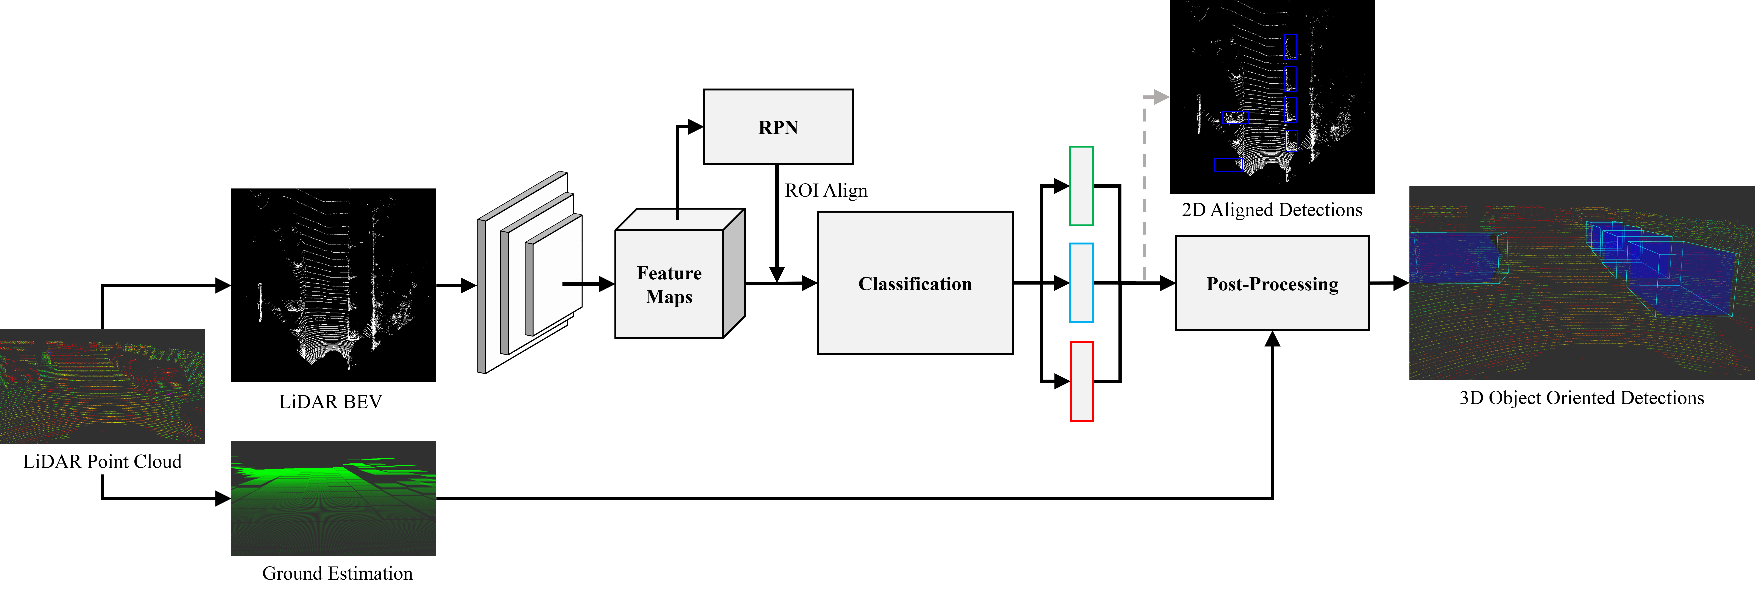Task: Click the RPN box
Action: tap(778, 127)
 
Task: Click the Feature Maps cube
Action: tap(670, 283)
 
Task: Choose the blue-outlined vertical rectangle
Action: tap(1081, 283)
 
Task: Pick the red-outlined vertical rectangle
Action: tap(1081, 381)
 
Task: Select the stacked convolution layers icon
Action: tap(530, 272)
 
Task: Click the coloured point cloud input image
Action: tap(102, 386)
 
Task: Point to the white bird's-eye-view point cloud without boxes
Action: tap(334, 279)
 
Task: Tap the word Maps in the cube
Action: tap(669, 297)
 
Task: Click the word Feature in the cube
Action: tap(669, 273)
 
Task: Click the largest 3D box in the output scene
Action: tap(1681, 279)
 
